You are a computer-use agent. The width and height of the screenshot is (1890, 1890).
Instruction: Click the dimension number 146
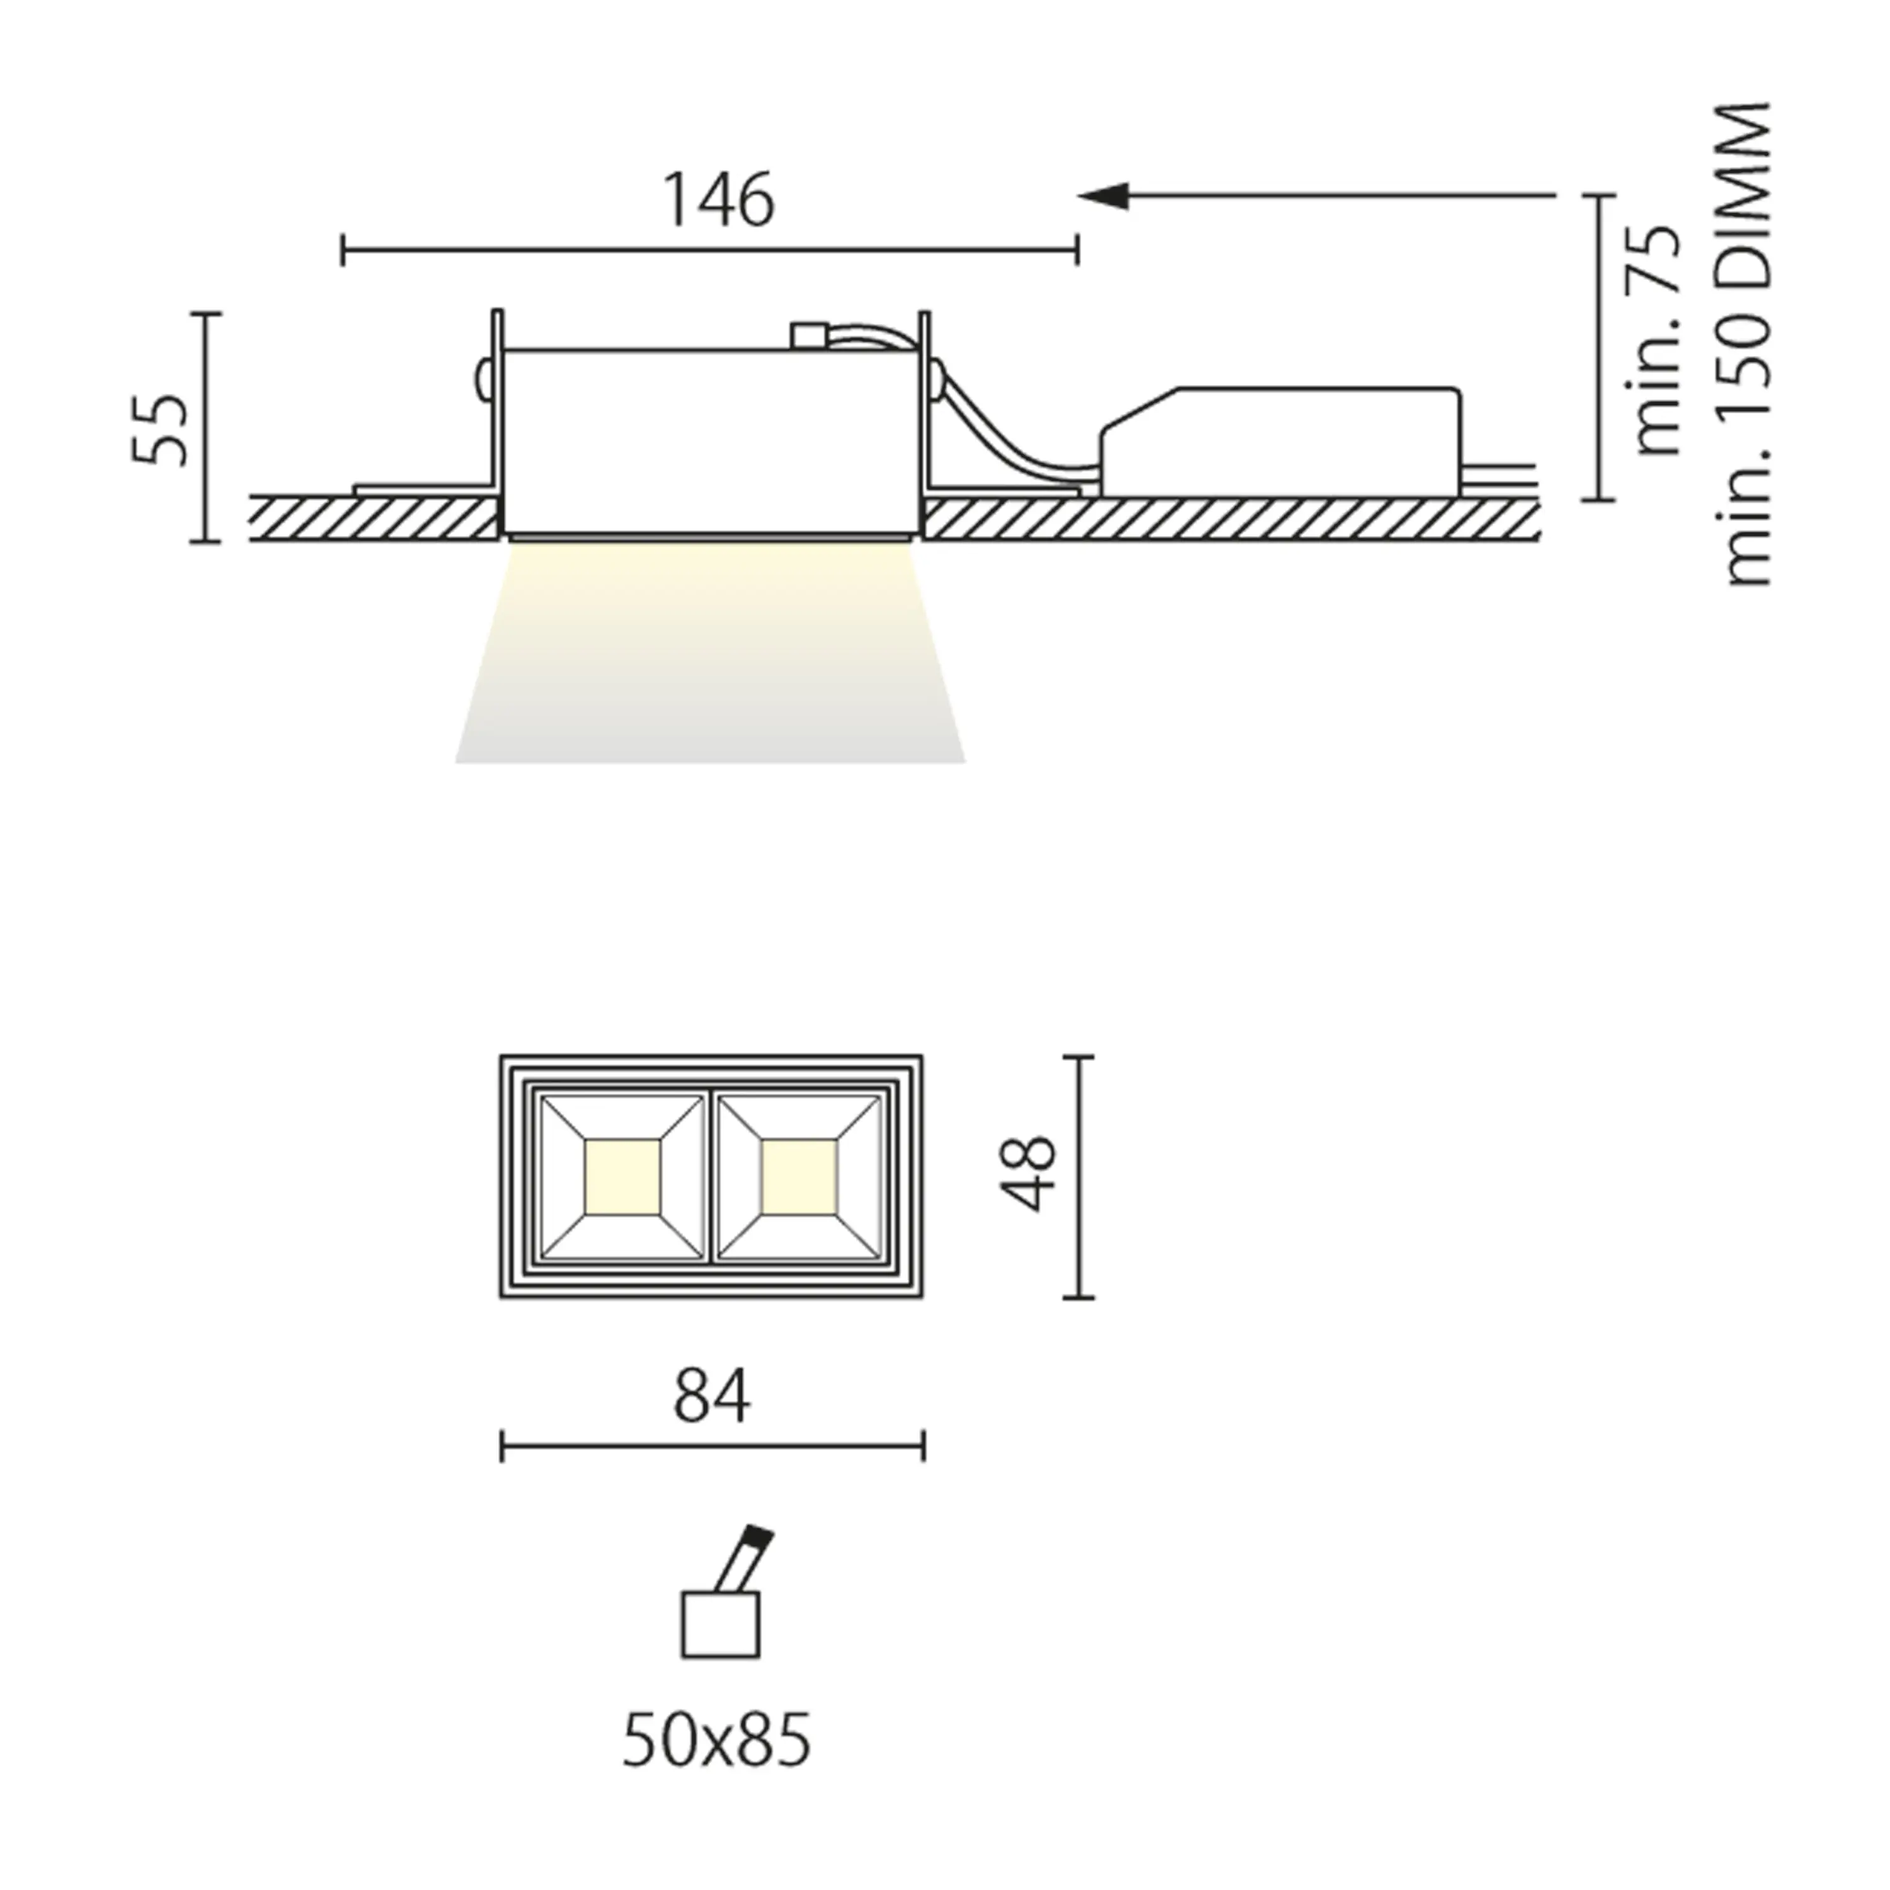pos(719,202)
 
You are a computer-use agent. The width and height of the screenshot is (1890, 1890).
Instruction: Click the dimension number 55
pos(159,430)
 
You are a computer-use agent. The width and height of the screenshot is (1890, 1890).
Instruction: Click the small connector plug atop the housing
pos(808,336)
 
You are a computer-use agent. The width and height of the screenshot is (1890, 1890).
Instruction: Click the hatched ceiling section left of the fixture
pos(372,518)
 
